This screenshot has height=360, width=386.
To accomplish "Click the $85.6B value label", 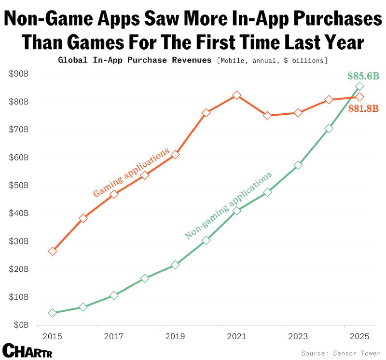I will (363, 76).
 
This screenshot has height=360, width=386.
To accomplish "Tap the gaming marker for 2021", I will (236, 95).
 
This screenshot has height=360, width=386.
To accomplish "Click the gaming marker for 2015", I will (53, 251).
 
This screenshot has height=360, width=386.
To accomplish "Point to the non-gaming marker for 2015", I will (53, 313).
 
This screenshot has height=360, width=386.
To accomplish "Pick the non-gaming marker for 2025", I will (359, 86).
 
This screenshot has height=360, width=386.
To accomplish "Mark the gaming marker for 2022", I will (267, 116).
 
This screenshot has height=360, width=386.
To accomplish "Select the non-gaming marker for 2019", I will (175, 265).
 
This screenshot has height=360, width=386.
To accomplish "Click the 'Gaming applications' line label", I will (131, 172).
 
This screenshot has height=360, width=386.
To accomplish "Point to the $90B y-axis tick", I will (19, 74).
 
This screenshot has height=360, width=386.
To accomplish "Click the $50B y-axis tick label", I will (19, 186).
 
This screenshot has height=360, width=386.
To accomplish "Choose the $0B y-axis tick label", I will (21, 325).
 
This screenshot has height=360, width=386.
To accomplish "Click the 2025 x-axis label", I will (359, 336).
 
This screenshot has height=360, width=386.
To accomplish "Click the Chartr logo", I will (27, 350).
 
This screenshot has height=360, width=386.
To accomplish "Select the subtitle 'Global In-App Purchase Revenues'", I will (135, 60).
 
